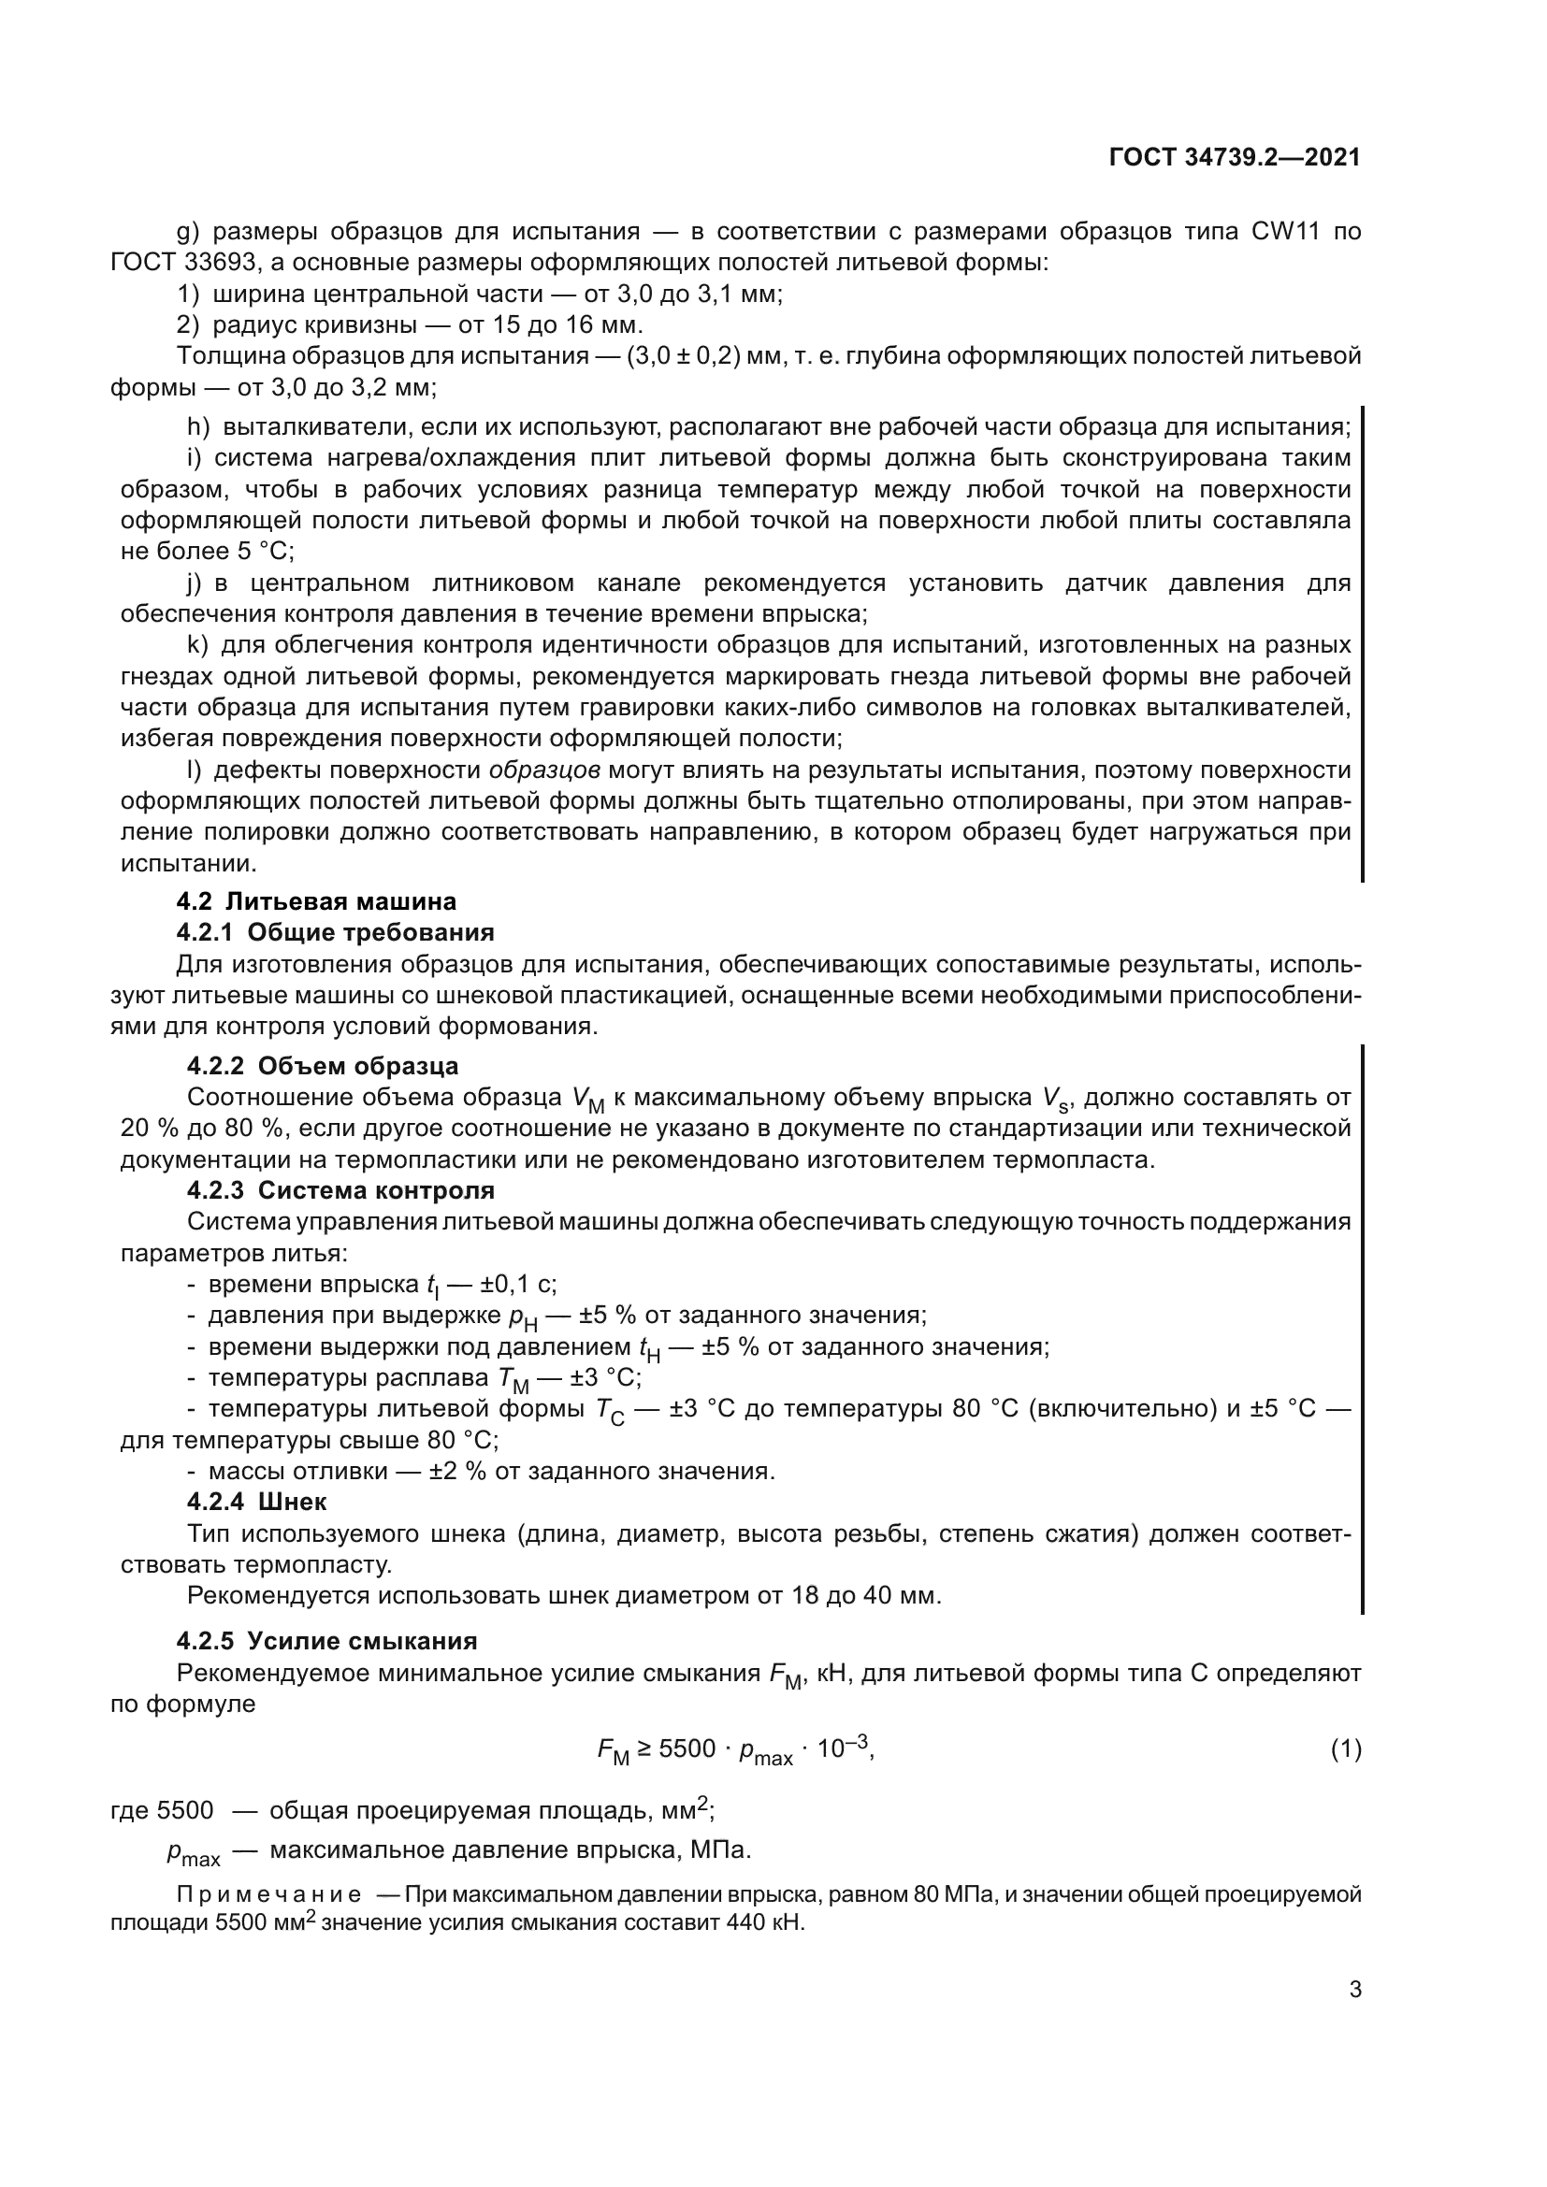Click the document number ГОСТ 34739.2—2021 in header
pos(1235,157)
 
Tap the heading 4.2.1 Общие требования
pos(336,931)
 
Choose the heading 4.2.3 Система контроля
pos(341,1189)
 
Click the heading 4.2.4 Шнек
pos(257,1502)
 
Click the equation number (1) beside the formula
pos(1345,1748)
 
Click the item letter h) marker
pos(197,426)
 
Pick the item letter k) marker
pos(197,645)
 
